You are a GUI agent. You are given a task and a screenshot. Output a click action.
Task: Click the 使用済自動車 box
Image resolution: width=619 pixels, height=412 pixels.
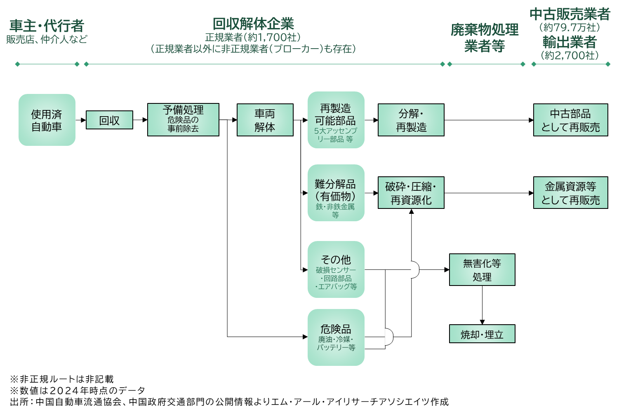coord(47,120)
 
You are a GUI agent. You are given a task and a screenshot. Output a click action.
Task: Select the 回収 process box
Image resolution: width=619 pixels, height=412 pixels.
coord(109,120)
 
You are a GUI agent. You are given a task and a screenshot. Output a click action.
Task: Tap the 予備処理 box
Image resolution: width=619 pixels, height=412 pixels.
coord(183,119)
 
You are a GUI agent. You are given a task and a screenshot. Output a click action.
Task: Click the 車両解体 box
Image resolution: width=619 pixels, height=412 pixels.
coord(265,120)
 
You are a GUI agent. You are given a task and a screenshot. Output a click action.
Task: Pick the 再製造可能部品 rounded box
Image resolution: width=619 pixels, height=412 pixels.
coord(336,120)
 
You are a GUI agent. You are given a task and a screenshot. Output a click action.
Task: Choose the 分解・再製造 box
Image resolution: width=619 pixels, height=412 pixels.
coord(411,120)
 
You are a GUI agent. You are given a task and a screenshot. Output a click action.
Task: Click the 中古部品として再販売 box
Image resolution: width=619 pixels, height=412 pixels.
coord(570,120)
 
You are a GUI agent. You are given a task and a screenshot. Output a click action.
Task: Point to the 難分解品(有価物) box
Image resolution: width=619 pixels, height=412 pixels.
coord(336,193)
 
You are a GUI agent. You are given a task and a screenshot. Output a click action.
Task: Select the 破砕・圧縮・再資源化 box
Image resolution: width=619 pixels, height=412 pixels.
coord(411,193)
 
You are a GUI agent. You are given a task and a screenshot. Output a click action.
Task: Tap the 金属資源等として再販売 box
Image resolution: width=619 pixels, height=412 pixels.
coord(570,193)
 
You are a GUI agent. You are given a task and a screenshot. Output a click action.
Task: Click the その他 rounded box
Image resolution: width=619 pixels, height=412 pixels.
coord(336,269)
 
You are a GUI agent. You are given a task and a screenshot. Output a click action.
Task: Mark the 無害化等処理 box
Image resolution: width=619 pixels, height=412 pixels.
coord(482,269)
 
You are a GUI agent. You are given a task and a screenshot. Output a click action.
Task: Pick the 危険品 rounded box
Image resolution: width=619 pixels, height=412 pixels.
coord(336,337)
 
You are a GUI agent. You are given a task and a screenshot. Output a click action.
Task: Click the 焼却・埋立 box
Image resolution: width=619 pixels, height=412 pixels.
coord(482,334)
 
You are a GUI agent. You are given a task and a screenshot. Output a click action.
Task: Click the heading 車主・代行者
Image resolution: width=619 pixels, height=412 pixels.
coord(47,26)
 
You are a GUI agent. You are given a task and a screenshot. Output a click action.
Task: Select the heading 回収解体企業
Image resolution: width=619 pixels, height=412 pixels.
coord(253,24)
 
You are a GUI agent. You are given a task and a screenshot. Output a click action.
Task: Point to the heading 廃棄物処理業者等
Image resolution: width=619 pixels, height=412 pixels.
coord(485,37)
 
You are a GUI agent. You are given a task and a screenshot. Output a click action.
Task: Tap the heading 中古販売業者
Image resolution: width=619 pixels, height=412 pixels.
coord(570,14)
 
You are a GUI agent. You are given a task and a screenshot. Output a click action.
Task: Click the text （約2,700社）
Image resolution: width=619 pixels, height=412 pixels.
coord(570,55)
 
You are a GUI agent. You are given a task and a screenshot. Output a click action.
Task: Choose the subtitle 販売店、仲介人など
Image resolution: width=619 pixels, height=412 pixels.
coord(47,40)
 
